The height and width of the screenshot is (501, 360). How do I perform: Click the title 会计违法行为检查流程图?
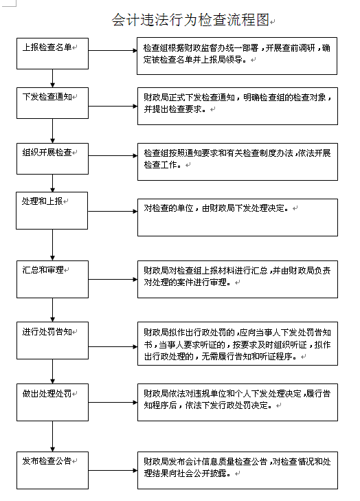[190, 20]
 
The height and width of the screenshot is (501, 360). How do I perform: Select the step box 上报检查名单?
[52, 54]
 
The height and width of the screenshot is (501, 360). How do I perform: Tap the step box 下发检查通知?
[52, 103]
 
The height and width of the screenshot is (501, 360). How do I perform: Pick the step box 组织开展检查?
[52, 159]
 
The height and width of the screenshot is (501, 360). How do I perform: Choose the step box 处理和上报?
[52, 210]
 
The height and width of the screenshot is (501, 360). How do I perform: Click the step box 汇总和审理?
[52, 279]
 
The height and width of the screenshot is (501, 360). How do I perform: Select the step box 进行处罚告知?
[52, 341]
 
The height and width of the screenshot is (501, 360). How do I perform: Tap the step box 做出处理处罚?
[52, 402]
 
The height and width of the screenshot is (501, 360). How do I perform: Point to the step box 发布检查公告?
[52, 470]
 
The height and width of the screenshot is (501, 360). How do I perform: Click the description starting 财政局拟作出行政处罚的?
[238, 344]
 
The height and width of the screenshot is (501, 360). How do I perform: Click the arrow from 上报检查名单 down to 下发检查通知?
[53, 78]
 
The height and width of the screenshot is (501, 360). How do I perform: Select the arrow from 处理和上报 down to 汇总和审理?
[53, 245]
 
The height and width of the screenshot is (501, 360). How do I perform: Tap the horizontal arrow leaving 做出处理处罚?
[113, 402]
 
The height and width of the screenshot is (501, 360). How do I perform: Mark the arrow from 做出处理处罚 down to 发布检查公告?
[53, 436]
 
